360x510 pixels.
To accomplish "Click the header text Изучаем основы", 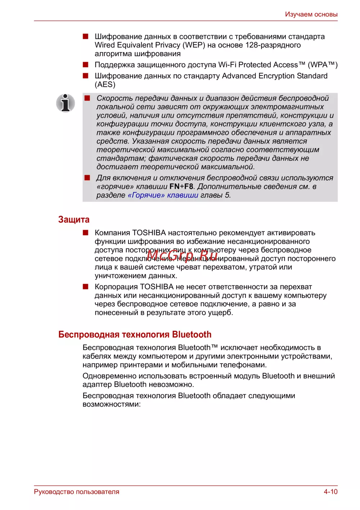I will pyautogui.click(x=311, y=14).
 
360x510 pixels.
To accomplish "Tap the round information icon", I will pyautogui.click(x=66, y=103).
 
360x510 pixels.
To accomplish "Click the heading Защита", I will pyautogui.click(x=74, y=220).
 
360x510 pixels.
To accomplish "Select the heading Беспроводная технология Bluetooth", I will pyautogui.click(x=135, y=334).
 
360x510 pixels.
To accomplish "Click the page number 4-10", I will pyautogui.click(x=330, y=492).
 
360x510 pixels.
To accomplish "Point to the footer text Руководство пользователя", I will pyautogui.click(x=76, y=492).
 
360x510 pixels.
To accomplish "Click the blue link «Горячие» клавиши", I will pyautogui.click(x=163, y=195).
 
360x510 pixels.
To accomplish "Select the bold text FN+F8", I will pyautogui.click(x=181, y=186).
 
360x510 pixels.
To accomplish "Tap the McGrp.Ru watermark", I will pyautogui.click(x=182, y=255).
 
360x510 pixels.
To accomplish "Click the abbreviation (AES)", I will pyautogui.click(x=105, y=85).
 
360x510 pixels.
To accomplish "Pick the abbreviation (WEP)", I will pyautogui.click(x=194, y=45).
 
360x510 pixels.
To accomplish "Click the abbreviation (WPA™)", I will pyautogui.click(x=323, y=65).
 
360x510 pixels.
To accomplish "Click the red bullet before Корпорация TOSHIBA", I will pyautogui.click(x=86, y=286).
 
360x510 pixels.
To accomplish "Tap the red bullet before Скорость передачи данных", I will pyautogui.click(x=87, y=98).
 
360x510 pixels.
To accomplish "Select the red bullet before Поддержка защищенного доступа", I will pyautogui.click(x=86, y=65).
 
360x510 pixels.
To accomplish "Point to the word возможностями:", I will pyautogui.click(x=111, y=404).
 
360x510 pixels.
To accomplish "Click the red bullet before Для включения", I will pyautogui.click(x=87, y=177).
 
